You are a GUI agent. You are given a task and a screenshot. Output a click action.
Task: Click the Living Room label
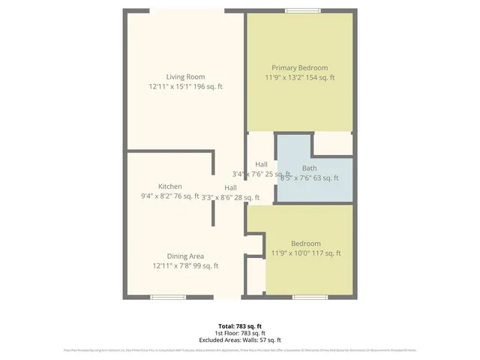tap(185, 76)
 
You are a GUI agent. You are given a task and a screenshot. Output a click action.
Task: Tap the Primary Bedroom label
tap(300, 67)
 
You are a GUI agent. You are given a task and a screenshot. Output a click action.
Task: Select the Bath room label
tap(309, 168)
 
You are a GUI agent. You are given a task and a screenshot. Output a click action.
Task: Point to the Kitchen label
tap(170, 186)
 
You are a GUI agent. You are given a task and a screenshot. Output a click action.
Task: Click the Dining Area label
tap(185, 256)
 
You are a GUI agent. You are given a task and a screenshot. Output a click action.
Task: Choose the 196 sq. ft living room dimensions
tap(185, 87)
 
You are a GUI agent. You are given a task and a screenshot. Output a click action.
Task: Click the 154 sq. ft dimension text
tap(300, 77)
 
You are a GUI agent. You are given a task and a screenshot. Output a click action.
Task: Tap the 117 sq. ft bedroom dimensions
tap(306, 253)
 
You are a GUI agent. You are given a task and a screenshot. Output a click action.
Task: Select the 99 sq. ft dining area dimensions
tap(185, 265)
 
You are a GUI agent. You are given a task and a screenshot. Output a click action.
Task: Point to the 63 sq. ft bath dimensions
tap(309, 178)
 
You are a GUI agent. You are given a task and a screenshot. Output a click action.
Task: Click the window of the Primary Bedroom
tap(303, 10)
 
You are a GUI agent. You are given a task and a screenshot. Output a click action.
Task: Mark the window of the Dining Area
tap(169, 297)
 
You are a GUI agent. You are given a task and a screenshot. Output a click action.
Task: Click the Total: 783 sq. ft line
tap(240, 326)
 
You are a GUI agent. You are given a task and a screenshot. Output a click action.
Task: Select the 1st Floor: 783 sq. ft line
tap(240, 333)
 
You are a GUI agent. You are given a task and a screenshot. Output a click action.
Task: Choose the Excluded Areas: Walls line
tap(240, 340)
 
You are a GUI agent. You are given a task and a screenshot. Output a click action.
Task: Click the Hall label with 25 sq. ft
tap(261, 165)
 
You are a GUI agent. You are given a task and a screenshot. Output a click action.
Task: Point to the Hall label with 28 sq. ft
tap(231, 187)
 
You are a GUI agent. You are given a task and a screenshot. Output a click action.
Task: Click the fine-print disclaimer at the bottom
tap(240, 350)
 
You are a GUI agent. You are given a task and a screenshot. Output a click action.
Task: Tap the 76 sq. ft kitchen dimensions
tap(170, 196)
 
